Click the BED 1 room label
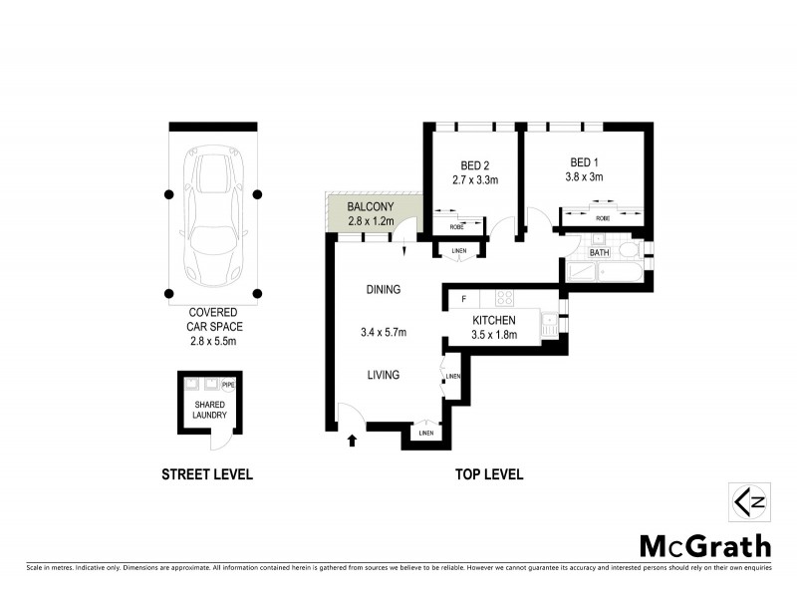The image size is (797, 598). click(x=586, y=161)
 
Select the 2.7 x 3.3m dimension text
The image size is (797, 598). click(x=474, y=179)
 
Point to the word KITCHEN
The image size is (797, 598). click(x=493, y=320)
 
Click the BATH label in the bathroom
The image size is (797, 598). click(x=599, y=253)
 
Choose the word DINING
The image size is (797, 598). click(x=383, y=290)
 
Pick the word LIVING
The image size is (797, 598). click(x=383, y=375)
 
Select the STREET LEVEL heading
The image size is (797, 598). click(x=207, y=474)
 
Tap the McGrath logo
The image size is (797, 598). click(x=704, y=545)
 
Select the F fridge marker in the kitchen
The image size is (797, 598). click(x=463, y=298)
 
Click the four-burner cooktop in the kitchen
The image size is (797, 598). click(x=504, y=297)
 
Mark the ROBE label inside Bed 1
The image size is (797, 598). click(x=602, y=217)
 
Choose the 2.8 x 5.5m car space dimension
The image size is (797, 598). click(x=212, y=341)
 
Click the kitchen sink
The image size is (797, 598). click(x=549, y=322)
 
